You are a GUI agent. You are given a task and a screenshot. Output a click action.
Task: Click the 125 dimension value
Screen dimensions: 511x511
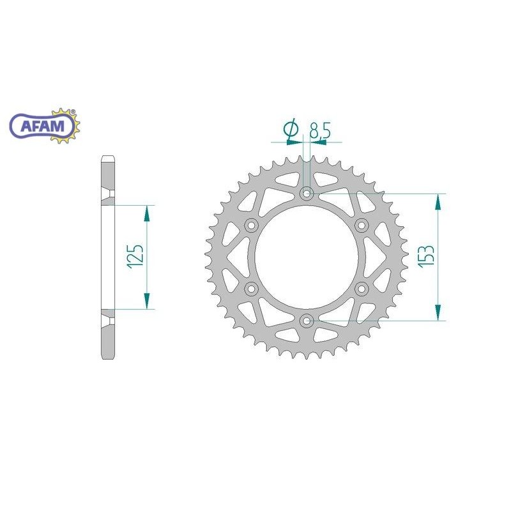[136, 257]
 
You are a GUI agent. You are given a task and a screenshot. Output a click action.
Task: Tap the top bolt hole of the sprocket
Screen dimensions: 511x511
[307, 193]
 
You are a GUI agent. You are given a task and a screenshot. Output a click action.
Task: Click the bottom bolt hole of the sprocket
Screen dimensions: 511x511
[307, 320]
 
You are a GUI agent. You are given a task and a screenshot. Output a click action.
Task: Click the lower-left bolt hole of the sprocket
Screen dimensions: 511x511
[252, 288]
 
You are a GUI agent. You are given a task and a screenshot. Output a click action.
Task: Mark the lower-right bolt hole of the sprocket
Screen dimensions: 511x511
[362, 288]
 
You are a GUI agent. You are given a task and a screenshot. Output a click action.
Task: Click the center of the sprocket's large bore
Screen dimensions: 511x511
[307, 256]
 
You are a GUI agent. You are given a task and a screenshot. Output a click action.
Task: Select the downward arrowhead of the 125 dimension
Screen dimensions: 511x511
[148, 301]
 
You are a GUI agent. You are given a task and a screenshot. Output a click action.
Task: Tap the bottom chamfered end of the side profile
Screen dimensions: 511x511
[108, 355]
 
